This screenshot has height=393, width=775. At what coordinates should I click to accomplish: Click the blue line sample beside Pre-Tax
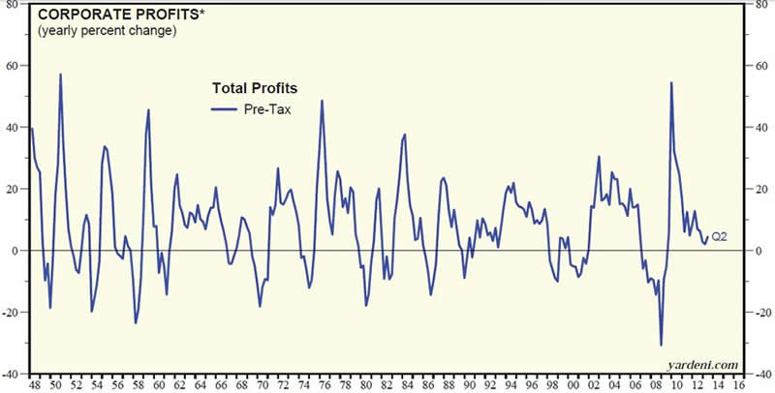click(x=226, y=109)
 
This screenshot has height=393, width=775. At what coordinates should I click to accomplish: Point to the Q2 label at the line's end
click(x=720, y=236)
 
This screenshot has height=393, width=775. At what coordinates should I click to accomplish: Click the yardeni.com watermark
click(x=703, y=364)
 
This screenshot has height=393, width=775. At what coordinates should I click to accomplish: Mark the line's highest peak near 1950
click(x=60, y=74)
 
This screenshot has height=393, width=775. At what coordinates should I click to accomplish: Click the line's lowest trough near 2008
click(x=662, y=345)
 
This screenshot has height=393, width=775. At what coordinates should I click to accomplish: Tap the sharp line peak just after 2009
click(x=671, y=82)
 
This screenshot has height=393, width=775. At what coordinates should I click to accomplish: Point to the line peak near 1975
click(x=322, y=100)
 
